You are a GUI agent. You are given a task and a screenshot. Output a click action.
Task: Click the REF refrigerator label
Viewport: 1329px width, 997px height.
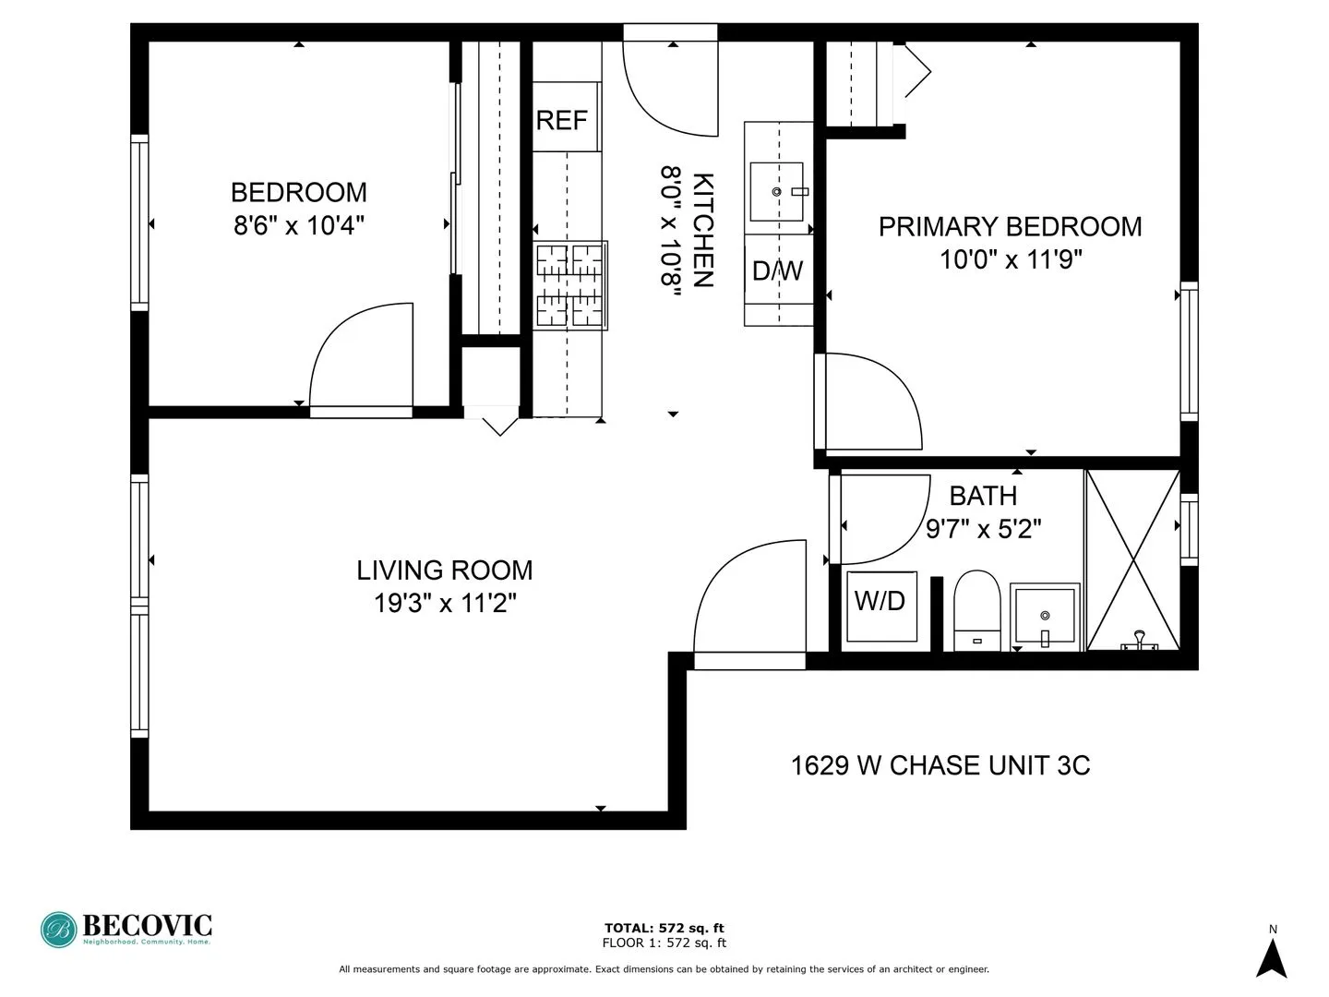coord(561,120)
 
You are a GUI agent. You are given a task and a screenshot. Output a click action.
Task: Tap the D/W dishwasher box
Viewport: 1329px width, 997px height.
coord(777,270)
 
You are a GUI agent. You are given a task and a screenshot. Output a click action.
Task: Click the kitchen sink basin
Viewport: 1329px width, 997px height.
coord(776,192)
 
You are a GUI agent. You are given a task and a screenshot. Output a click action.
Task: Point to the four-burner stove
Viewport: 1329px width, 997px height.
coord(570,285)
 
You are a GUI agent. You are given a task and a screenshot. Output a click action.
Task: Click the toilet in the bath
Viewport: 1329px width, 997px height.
coord(976,609)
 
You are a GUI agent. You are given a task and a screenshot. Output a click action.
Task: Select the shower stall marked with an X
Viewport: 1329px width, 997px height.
coord(1132,560)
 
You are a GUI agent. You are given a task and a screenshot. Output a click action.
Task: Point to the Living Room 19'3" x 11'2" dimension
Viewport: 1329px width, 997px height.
coord(444,604)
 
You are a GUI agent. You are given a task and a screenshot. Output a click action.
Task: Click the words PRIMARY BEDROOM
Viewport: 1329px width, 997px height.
coord(1010,227)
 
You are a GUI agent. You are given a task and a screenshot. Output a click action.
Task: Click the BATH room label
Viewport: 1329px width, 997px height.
coord(983,497)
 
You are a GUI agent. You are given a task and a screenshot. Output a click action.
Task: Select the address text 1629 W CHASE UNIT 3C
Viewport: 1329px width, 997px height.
coord(940,765)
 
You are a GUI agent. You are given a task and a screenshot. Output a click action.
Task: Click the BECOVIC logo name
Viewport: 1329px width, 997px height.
coord(147,925)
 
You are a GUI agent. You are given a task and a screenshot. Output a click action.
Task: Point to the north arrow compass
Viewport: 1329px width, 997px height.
coord(1272,956)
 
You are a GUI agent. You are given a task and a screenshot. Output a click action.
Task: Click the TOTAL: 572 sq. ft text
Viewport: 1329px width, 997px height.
coord(664,928)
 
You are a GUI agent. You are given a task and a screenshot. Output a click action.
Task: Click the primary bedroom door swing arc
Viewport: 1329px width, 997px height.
coord(872,402)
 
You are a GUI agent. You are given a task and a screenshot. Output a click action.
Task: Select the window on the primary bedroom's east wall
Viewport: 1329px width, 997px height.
coord(1189,351)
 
